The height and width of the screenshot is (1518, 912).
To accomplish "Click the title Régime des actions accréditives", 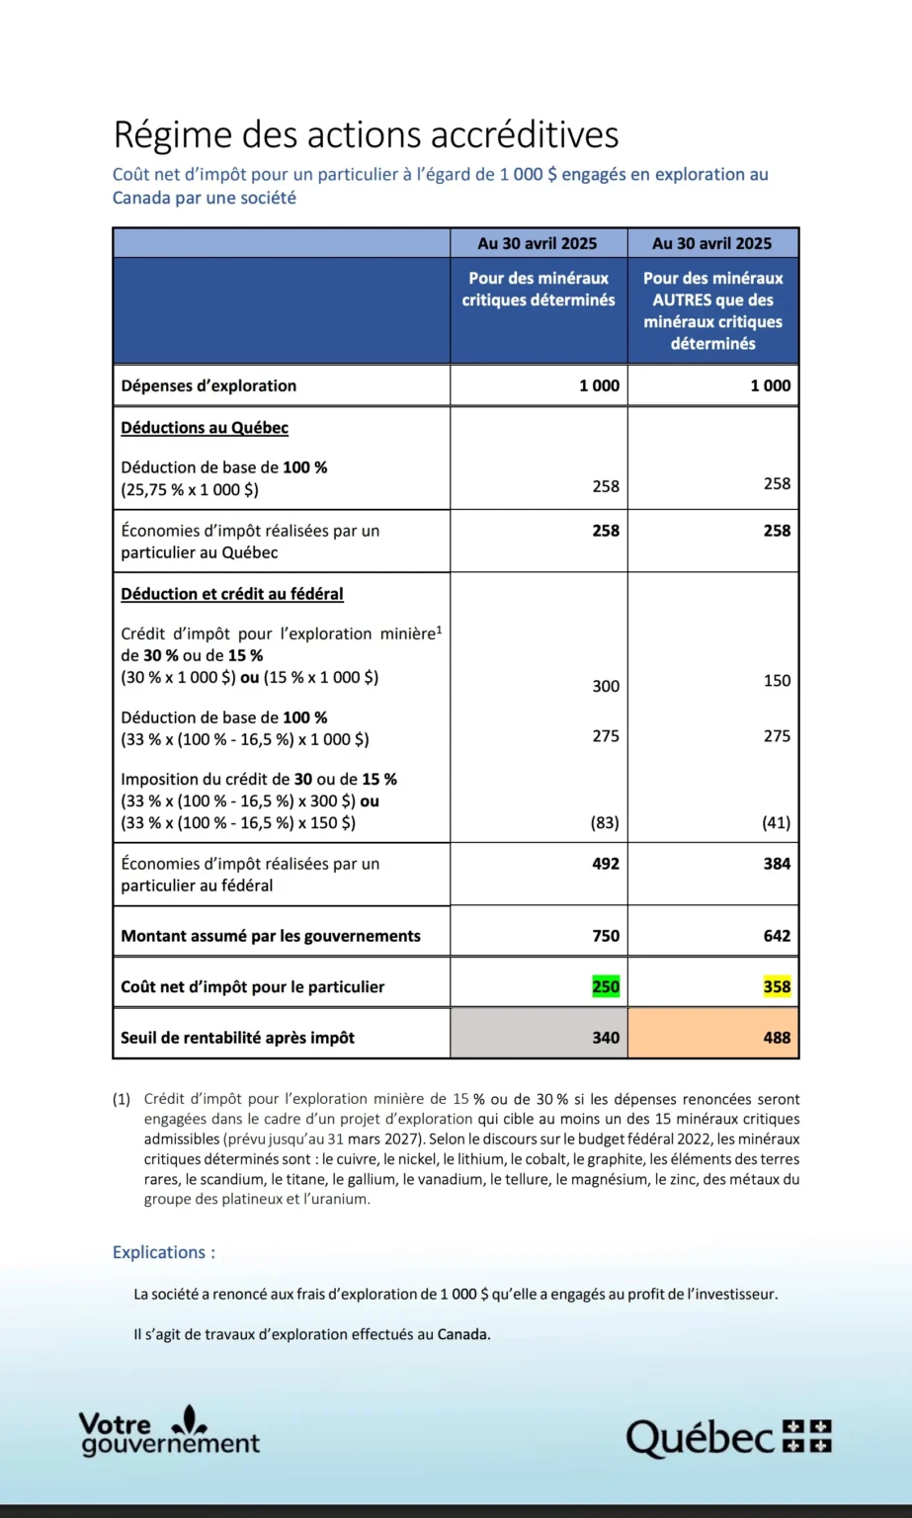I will point(366,134).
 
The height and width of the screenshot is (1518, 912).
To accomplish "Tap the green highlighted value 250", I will point(606,986).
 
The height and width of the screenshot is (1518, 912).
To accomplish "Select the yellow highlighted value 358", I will point(777,986).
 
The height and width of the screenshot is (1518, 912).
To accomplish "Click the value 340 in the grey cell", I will point(606,1038).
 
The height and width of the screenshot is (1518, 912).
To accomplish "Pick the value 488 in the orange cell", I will point(777,1038).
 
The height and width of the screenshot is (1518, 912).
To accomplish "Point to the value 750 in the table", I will point(606,936).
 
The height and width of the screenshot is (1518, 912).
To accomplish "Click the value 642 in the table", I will point(777,936).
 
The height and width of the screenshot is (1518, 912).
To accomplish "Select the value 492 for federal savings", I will point(606,864).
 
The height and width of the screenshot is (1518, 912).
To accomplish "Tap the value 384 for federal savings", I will point(777,864).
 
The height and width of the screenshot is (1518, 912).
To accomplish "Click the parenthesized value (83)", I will point(605,822).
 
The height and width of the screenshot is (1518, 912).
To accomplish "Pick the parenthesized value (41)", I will point(777,822).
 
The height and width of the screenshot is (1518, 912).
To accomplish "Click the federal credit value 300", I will point(606,686).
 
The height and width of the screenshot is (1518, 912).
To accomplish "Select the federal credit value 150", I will point(777,680).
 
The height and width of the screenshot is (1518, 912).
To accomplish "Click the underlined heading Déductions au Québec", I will point(205,428).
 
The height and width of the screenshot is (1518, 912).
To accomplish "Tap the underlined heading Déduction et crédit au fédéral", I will point(232,594).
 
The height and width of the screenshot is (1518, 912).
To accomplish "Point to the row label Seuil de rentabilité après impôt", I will point(237,1038).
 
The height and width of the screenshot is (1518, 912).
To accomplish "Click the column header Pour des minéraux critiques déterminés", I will point(539,290).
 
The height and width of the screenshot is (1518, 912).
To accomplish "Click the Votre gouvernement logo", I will point(168,1432).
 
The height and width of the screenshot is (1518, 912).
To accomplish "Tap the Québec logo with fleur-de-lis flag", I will point(729,1437).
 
